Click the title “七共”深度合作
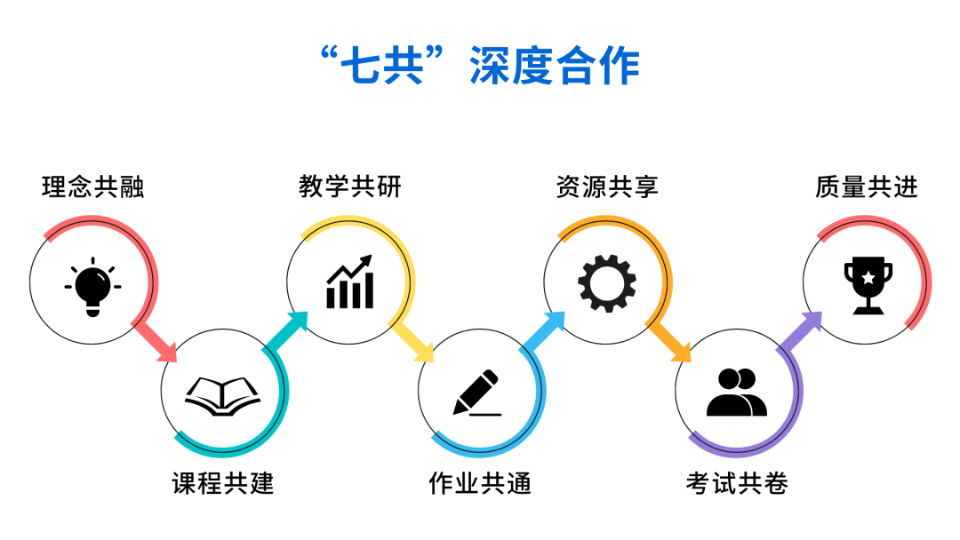click(x=481, y=66)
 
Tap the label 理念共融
click(x=93, y=187)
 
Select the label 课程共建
click(x=223, y=483)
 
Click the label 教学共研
click(x=350, y=187)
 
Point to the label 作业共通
click(x=480, y=483)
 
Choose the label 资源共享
click(x=607, y=187)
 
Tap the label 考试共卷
click(x=737, y=483)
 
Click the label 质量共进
click(x=867, y=187)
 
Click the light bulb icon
click(x=92, y=286)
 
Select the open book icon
click(x=223, y=396)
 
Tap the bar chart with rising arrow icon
click(x=349, y=282)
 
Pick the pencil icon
click(x=477, y=393)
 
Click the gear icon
click(x=607, y=283)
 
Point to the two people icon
click(x=737, y=392)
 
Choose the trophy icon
click(x=868, y=285)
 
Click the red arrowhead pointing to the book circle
click(x=166, y=352)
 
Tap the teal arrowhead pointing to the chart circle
click(x=298, y=322)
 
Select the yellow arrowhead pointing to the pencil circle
click(x=424, y=352)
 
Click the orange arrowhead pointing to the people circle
click(x=681, y=352)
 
